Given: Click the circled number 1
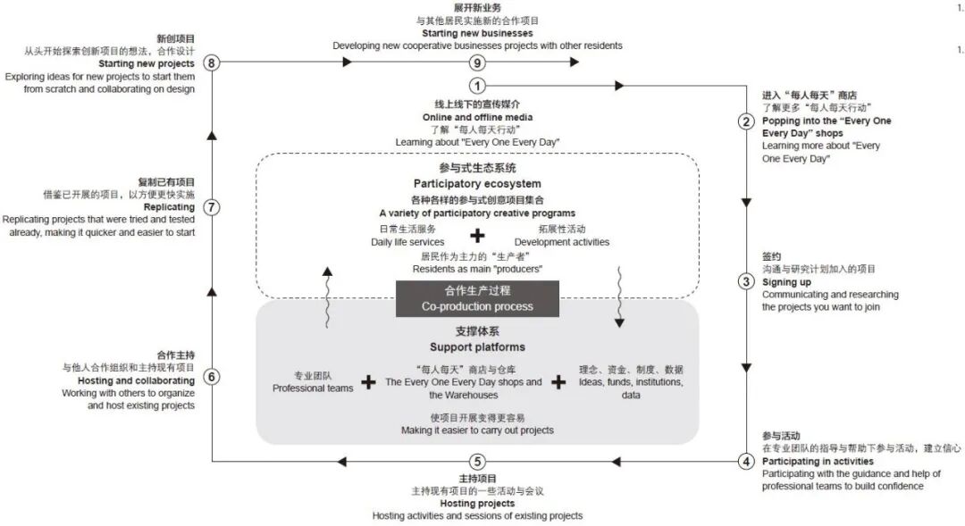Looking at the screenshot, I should [x=478, y=87].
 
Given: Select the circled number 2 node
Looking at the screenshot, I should [x=746, y=121].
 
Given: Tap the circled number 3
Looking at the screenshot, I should [x=746, y=281].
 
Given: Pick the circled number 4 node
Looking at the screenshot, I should [x=746, y=462].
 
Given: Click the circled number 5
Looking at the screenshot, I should [x=478, y=462].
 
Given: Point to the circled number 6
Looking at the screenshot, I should [x=212, y=376].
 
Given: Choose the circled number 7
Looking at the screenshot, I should [x=212, y=207].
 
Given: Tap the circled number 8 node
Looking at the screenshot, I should [x=212, y=63].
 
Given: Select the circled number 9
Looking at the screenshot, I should [x=478, y=63].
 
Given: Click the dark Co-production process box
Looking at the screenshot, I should [x=477, y=299].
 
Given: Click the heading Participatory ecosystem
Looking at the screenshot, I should [x=477, y=184].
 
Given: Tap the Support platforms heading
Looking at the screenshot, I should [x=477, y=346].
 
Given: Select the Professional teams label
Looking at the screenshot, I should [x=313, y=388].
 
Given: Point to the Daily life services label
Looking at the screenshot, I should [x=407, y=242].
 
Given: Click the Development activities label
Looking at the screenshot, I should [x=562, y=242].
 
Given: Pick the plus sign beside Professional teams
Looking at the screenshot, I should [x=368, y=382].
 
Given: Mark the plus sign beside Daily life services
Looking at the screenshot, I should [x=479, y=236].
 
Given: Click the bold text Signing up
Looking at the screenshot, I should [x=785, y=281].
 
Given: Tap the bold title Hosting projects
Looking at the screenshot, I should [x=477, y=504].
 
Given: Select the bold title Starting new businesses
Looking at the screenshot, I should [x=477, y=33].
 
